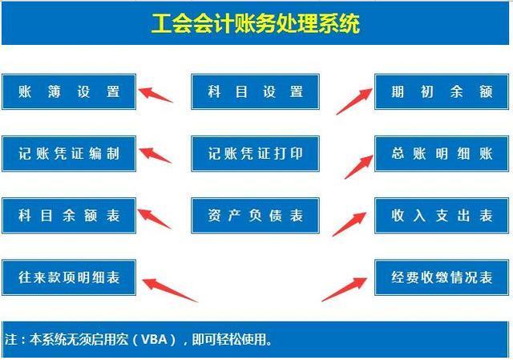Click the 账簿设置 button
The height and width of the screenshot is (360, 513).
(69, 91)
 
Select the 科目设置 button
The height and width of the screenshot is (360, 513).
(255, 91)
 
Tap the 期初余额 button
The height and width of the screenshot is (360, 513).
(442, 91)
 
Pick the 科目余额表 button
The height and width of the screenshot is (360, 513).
(69, 216)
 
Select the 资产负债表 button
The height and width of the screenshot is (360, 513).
(255, 216)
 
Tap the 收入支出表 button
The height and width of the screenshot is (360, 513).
(442, 216)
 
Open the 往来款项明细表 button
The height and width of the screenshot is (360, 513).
(69, 277)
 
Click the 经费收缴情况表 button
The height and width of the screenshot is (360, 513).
(442, 277)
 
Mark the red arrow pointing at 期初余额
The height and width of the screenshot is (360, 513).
(353, 100)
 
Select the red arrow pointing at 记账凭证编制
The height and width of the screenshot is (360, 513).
(156, 154)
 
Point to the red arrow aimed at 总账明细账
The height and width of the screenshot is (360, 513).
(357, 164)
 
